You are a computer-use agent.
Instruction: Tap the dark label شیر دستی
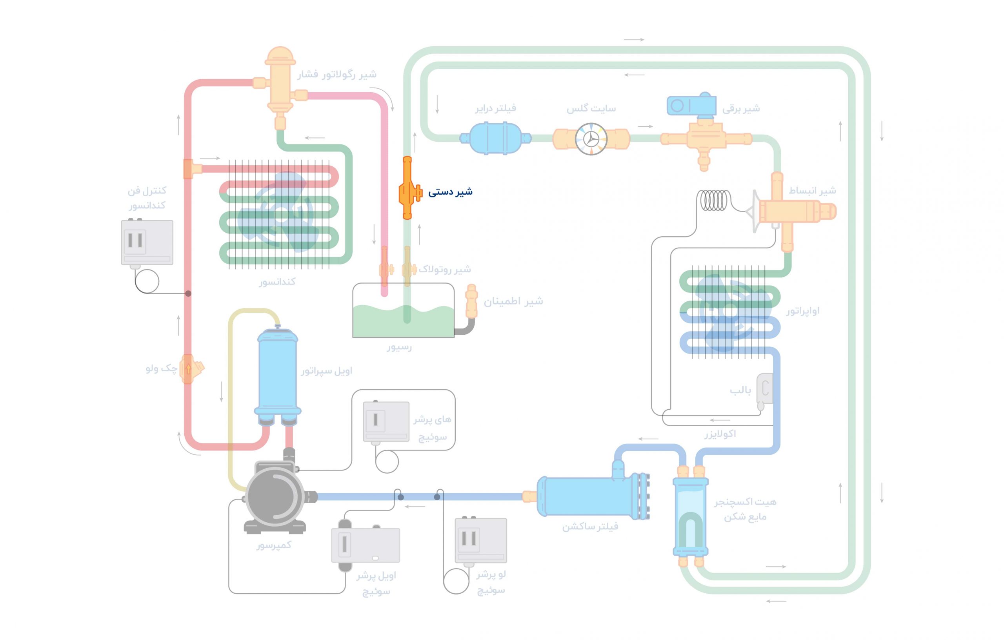[450, 192]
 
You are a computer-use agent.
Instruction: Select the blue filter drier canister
[495, 138]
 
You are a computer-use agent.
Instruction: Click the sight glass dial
[591, 139]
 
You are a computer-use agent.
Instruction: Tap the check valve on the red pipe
[190, 368]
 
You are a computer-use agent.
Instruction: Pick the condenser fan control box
[147, 243]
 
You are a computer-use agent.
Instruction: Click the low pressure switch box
[481, 540]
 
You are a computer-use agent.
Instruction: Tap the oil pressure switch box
[365, 545]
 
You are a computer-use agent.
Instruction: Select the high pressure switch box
[386, 421]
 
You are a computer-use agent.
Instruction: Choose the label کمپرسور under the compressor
[273, 545]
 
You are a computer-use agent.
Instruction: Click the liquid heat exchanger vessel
[691, 517]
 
